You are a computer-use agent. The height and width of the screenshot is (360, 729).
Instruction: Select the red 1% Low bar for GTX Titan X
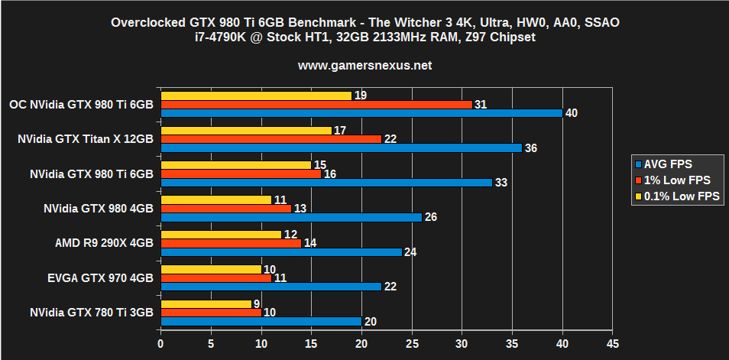pyautogui.click(x=271, y=139)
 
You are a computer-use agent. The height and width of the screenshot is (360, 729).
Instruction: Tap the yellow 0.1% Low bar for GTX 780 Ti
pyautogui.click(x=206, y=304)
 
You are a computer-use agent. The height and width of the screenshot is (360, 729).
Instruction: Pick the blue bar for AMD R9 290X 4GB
pyautogui.click(x=281, y=252)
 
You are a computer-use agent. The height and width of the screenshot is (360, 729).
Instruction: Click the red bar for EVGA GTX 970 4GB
pyautogui.click(x=215, y=278)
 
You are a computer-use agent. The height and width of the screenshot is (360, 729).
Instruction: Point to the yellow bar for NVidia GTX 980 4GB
pyautogui.click(x=215, y=199)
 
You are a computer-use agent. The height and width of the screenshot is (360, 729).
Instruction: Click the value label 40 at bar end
pyautogui.click(x=571, y=113)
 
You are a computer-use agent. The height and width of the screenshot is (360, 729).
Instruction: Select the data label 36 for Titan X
pyautogui.click(x=530, y=148)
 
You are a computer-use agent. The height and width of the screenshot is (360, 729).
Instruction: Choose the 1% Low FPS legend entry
pyautogui.click(x=672, y=180)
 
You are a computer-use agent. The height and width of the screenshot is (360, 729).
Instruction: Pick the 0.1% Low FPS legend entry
pyautogui.click(x=676, y=198)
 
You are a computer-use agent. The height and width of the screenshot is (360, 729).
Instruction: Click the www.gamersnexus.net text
pyautogui.click(x=364, y=66)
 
